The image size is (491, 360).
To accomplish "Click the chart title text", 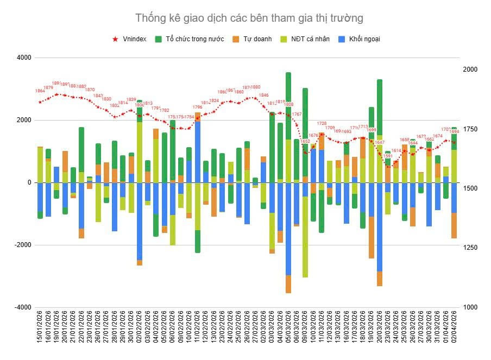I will click(x=249, y=18).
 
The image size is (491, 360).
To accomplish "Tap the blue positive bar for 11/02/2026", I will click(x=198, y=152).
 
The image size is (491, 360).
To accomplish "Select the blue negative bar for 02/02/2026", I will click(x=140, y=220).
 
